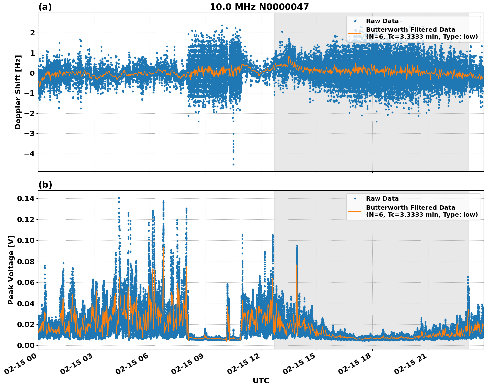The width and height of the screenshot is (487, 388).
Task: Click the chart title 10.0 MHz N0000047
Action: click(x=259, y=7)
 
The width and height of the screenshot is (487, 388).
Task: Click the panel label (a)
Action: click(x=45, y=7)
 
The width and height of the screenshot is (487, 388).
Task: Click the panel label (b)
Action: click(x=45, y=185)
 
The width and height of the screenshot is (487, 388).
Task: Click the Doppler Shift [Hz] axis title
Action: click(x=18, y=92)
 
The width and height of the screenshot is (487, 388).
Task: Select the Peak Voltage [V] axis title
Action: click(x=11, y=270)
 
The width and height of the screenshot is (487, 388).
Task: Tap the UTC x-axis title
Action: click(x=261, y=381)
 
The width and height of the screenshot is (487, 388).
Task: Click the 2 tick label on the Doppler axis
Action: click(x=32, y=33)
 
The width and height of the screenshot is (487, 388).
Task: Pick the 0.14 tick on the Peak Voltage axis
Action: click(x=26, y=198)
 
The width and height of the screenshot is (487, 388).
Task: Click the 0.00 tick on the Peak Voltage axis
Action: click(x=26, y=345)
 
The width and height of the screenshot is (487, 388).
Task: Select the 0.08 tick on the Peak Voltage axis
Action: click(x=26, y=262)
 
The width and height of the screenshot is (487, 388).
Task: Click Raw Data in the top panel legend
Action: click(x=382, y=21)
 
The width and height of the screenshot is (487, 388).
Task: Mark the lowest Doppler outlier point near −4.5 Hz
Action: click(x=233, y=164)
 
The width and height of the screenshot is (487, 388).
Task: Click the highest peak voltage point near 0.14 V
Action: click(x=119, y=198)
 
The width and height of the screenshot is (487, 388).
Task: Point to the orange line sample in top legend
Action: click(x=355, y=33)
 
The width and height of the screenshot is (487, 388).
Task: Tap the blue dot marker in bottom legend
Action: click(x=355, y=199)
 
